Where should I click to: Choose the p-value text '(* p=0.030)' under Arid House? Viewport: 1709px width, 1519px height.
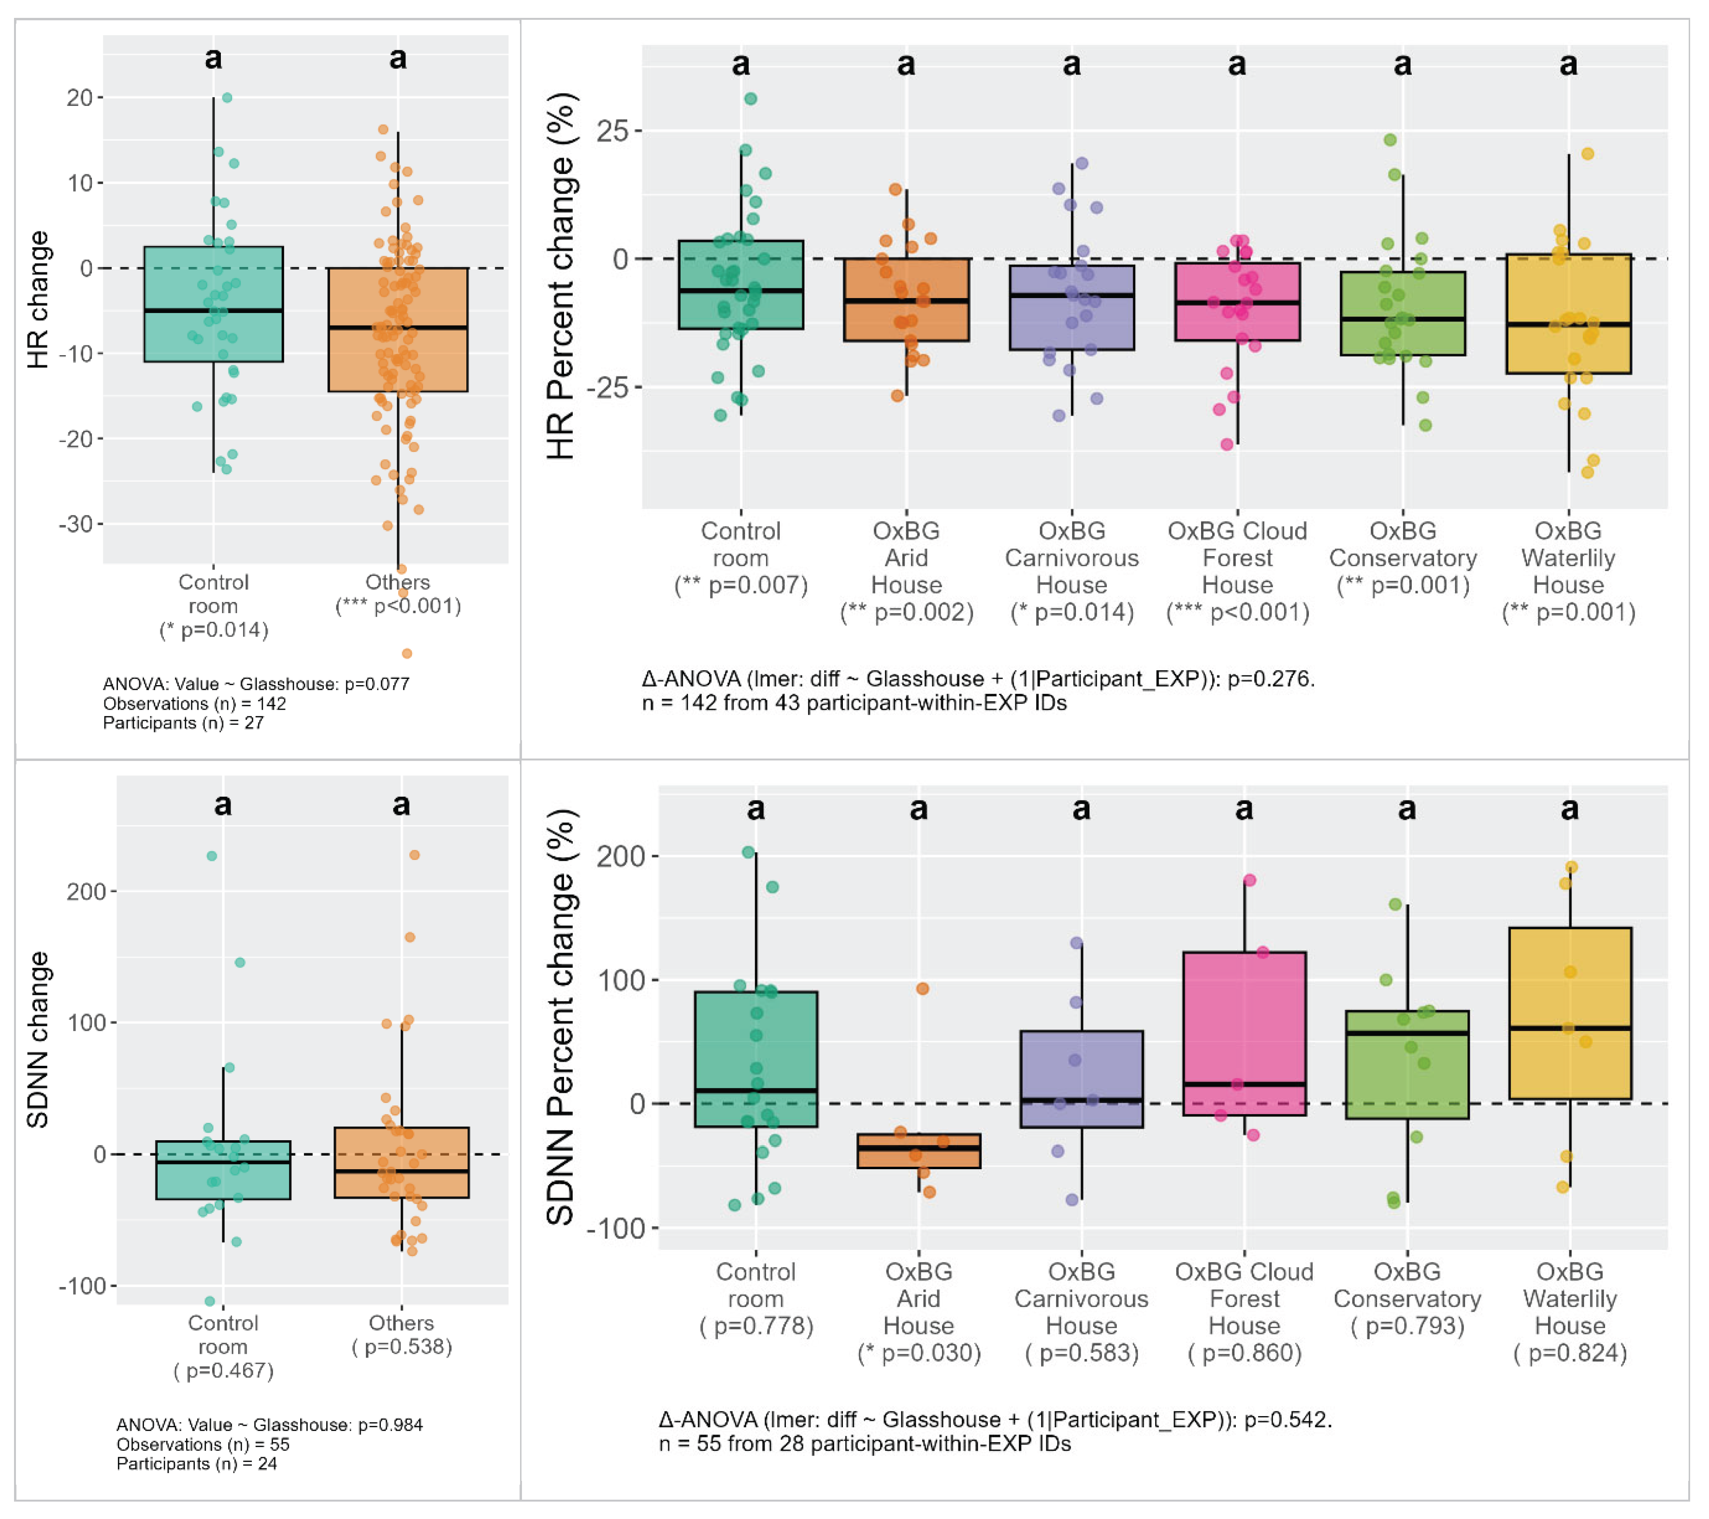[919, 1353]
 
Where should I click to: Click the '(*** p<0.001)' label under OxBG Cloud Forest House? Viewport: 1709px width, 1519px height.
[1237, 613]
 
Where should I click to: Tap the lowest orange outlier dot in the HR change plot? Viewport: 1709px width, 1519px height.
[406, 653]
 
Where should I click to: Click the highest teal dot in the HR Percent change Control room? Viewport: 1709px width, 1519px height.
[751, 99]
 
